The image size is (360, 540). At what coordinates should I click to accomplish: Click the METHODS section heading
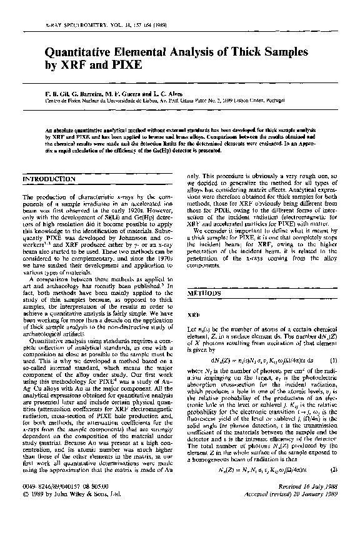coord(204,292)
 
